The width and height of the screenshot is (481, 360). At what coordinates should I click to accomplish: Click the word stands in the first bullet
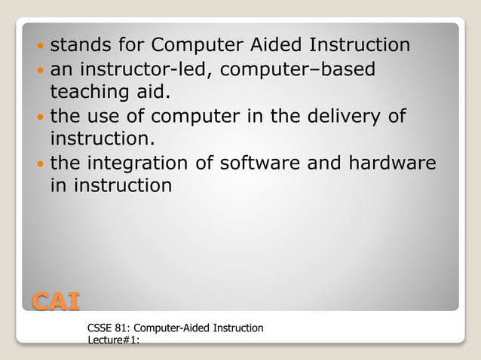point(78,45)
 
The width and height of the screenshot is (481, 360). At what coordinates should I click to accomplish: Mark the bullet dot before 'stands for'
point(39,46)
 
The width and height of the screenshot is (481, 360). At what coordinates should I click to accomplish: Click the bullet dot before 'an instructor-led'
point(39,71)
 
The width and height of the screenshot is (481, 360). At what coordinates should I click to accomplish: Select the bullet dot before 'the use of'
point(39,117)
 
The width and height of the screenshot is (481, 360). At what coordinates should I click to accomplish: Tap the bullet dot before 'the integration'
point(39,163)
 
